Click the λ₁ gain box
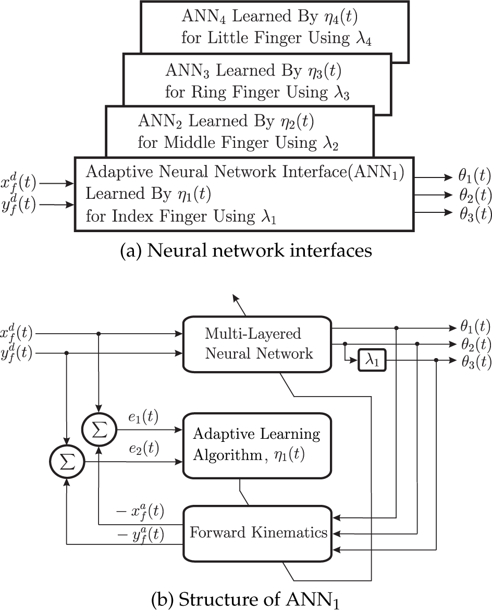tap(372, 361)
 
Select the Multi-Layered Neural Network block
tap(257, 344)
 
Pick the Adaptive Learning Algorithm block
tap(257, 445)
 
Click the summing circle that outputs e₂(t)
tap(67, 462)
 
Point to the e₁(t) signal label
tap(143, 417)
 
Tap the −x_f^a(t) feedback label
tap(140, 512)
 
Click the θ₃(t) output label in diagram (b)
tap(476, 362)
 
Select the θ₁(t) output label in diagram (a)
tap(474, 176)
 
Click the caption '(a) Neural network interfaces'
tap(246, 251)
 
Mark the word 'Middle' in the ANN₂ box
tap(189, 143)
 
